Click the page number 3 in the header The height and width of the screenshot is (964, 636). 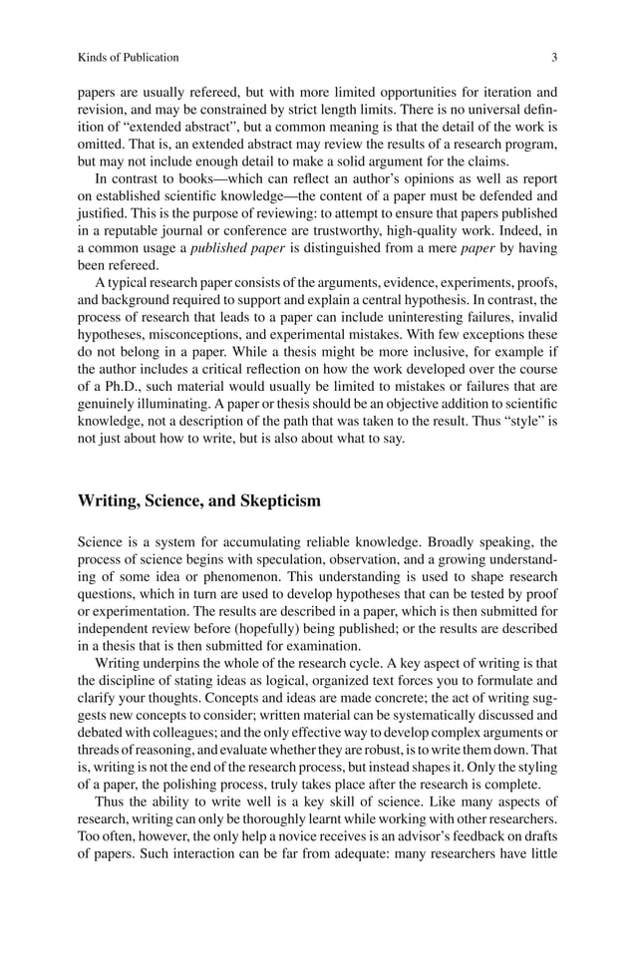[x=553, y=57]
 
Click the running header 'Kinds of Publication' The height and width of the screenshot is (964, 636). [x=129, y=57]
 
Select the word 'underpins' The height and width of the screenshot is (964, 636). [x=171, y=666]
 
